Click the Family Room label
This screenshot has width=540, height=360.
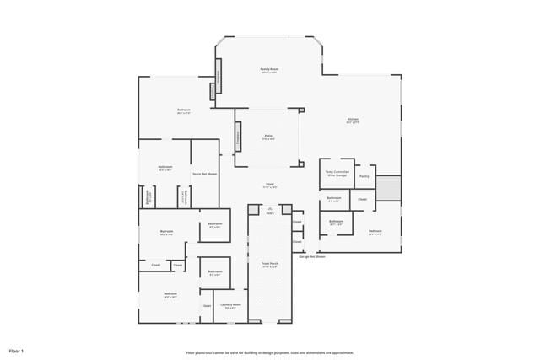pos(269,70)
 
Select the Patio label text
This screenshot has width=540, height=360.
pos(268,137)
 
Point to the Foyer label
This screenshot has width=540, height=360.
pos(270,185)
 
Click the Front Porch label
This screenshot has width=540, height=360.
pos(269,265)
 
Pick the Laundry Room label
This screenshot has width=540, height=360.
pos(230,305)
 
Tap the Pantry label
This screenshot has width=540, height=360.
pos(364,176)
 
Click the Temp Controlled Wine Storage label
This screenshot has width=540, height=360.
pos(336,174)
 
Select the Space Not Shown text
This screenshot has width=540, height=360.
pos(204,174)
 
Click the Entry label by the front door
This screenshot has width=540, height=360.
pos(270,213)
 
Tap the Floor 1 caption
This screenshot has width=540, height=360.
pos(16,350)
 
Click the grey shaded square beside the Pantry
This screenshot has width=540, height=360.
pos(388,188)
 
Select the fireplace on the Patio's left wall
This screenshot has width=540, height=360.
pos(238,135)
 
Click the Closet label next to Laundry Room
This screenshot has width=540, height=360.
pos(206,305)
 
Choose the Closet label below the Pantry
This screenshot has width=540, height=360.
pos(362,199)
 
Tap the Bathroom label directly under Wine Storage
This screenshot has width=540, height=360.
pos(334,199)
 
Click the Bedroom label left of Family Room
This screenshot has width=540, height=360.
pos(183,110)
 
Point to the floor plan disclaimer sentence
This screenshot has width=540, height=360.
pos(270,352)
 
